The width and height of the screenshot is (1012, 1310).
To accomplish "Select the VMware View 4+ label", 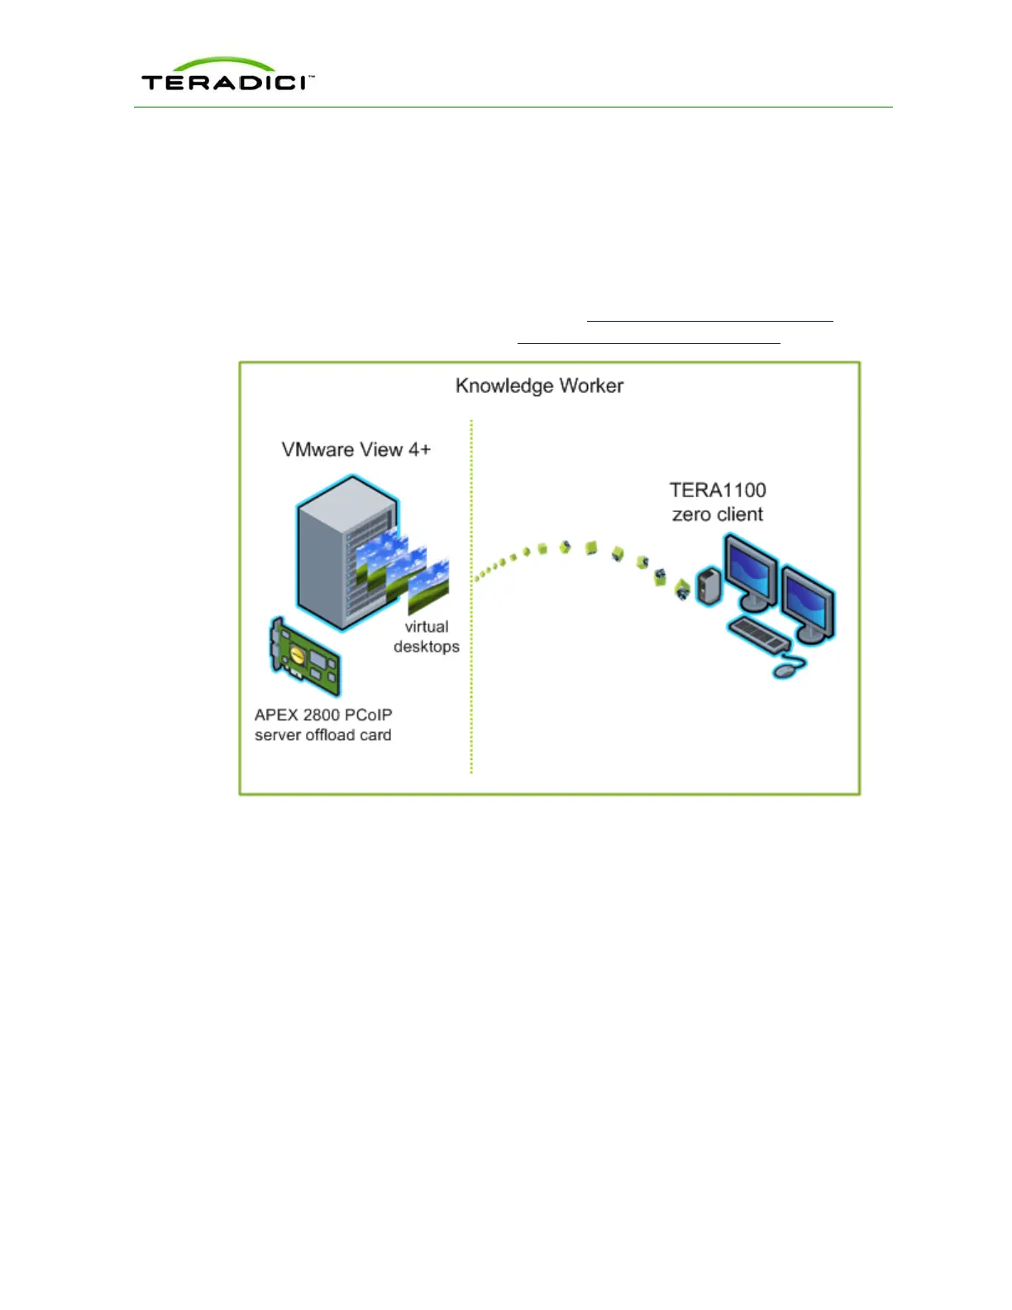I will [356, 450].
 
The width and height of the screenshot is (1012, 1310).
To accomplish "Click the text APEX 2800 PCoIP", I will [323, 715].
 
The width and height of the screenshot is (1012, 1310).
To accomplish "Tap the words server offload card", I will [323, 735].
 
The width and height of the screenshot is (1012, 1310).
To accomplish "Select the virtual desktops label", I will [427, 637].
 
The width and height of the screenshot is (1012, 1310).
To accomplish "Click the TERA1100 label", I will [718, 490].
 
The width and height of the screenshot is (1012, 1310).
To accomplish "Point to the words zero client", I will [718, 514].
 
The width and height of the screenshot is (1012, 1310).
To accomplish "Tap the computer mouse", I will [788, 667].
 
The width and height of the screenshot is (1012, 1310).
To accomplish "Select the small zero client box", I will [709, 586].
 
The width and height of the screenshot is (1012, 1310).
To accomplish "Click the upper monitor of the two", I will [751, 573].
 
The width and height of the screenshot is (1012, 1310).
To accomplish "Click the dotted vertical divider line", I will [471, 595].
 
